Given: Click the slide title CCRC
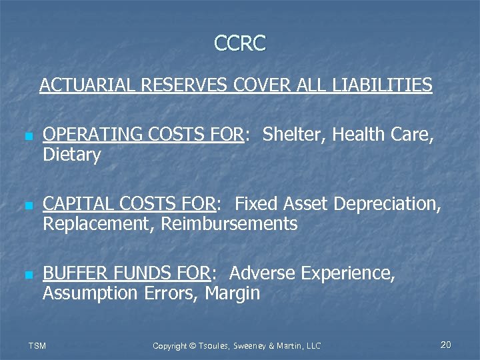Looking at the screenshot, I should click(240, 43).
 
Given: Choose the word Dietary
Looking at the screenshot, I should click(72, 156).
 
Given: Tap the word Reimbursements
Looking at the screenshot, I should click(229, 225).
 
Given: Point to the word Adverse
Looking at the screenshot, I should click(263, 273).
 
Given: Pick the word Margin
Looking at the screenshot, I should click(233, 294).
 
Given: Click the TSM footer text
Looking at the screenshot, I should click(36, 345).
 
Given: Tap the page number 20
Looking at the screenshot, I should click(446, 345).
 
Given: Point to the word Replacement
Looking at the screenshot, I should click(99, 225).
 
